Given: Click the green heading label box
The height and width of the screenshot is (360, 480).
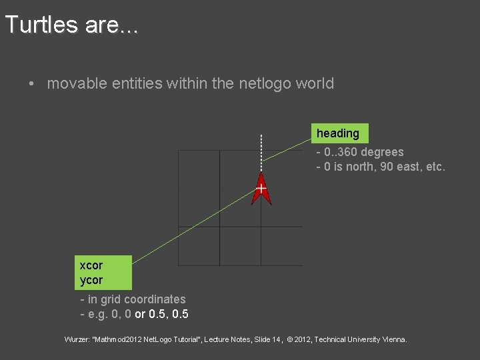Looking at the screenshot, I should coord(338,133).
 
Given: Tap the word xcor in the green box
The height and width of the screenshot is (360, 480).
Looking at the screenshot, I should coord(91,265).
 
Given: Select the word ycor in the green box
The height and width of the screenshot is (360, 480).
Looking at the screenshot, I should coord(91,280).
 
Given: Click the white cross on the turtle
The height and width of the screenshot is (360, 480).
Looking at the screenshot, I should coord(261,189).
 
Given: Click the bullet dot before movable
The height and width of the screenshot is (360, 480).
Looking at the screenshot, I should coord(31,84).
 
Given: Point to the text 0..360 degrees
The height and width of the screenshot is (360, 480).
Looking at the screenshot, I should coord(363,152).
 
